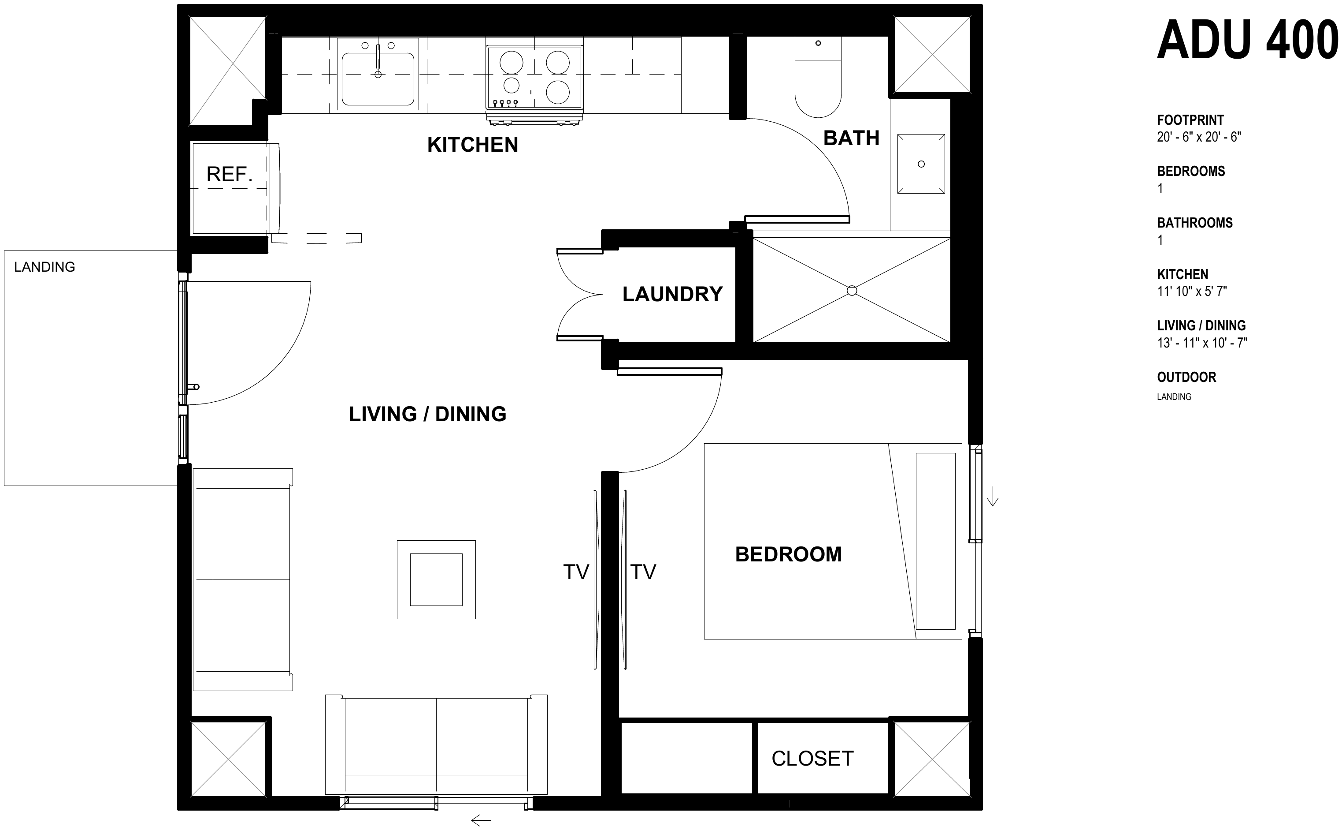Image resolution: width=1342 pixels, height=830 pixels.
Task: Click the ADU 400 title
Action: click(x=1248, y=40)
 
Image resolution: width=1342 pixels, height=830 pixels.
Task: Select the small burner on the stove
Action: click(x=512, y=85)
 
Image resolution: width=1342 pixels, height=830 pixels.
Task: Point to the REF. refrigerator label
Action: click(x=229, y=175)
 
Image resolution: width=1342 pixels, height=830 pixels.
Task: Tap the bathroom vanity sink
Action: click(x=921, y=164)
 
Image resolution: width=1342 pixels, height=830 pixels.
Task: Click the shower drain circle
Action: click(x=852, y=290)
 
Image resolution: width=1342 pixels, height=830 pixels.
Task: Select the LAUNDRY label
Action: click(x=672, y=294)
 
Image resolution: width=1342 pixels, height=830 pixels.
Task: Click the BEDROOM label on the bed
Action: click(x=788, y=554)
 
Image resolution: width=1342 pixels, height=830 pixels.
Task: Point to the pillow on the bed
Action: click(x=936, y=541)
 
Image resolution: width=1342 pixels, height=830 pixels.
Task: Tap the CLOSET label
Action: click(x=812, y=759)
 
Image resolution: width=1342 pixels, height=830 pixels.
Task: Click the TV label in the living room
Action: click(x=576, y=572)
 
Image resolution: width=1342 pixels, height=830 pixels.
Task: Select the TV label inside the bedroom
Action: click(x=643, y=572)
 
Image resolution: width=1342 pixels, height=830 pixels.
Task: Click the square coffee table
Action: click(x=436, y=580)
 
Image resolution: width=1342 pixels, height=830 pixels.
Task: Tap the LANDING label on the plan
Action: click(x=44, y=267)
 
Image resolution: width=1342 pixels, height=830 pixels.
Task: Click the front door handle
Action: click(x=193, y=387)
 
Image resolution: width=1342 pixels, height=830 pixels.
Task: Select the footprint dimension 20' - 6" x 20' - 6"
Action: click(x=1199, y=137)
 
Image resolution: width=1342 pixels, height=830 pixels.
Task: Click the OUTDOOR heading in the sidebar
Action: click(x=1186, y=377)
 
